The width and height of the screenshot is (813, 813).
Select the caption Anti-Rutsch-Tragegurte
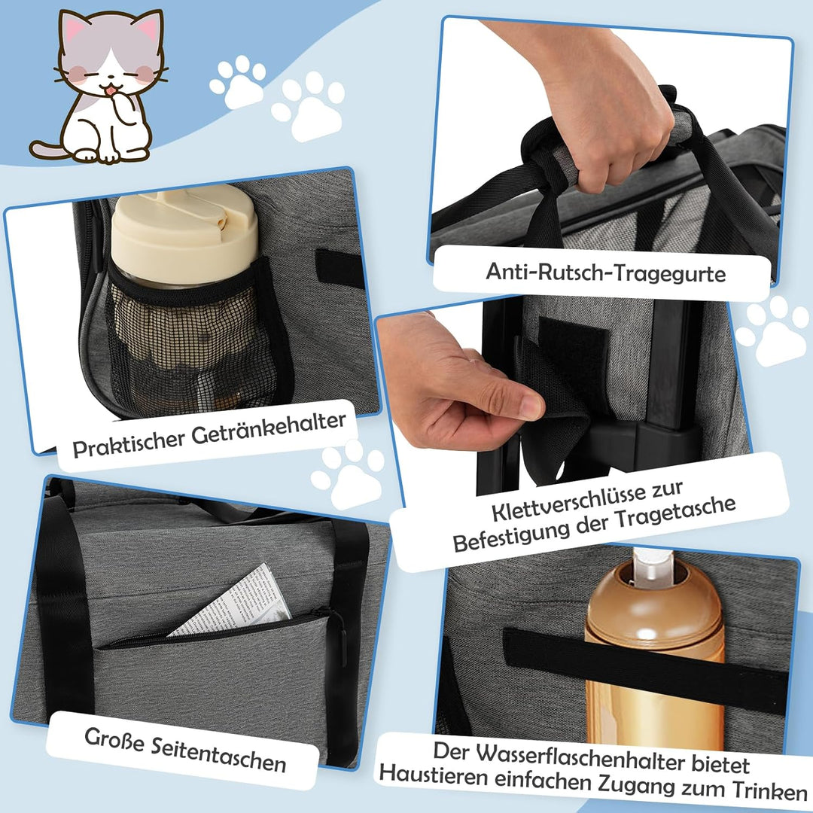[605, 272]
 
